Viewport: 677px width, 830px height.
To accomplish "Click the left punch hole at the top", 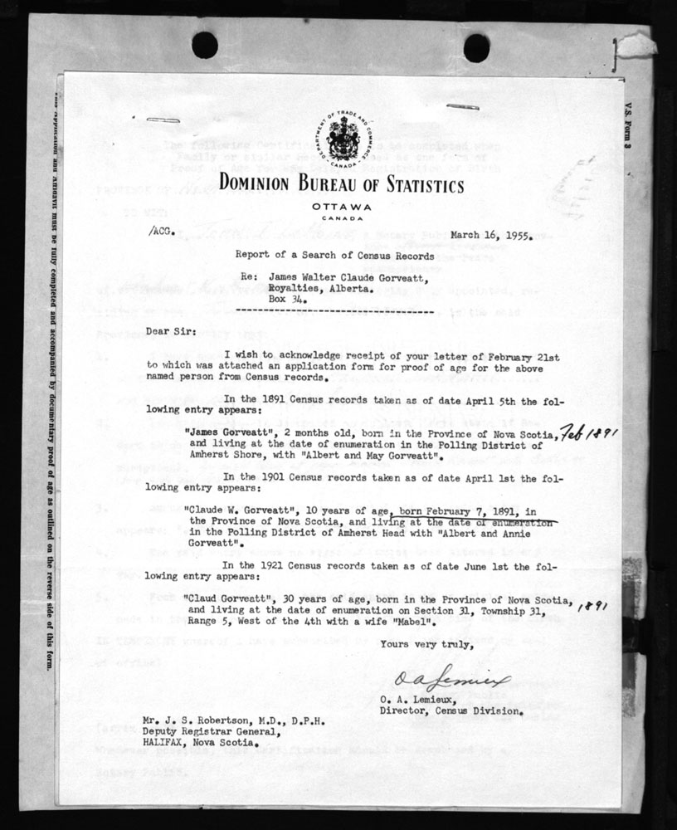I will tap(204, 45).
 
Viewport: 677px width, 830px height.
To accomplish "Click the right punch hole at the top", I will tap(476, 47).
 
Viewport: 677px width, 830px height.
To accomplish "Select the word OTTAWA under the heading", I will tap(341, 206).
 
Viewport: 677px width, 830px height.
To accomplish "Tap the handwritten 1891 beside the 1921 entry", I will tap(593, 607).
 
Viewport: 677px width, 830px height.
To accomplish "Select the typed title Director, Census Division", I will tap(451, 711).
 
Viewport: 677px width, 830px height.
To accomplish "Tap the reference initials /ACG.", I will tap(162, 235).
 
